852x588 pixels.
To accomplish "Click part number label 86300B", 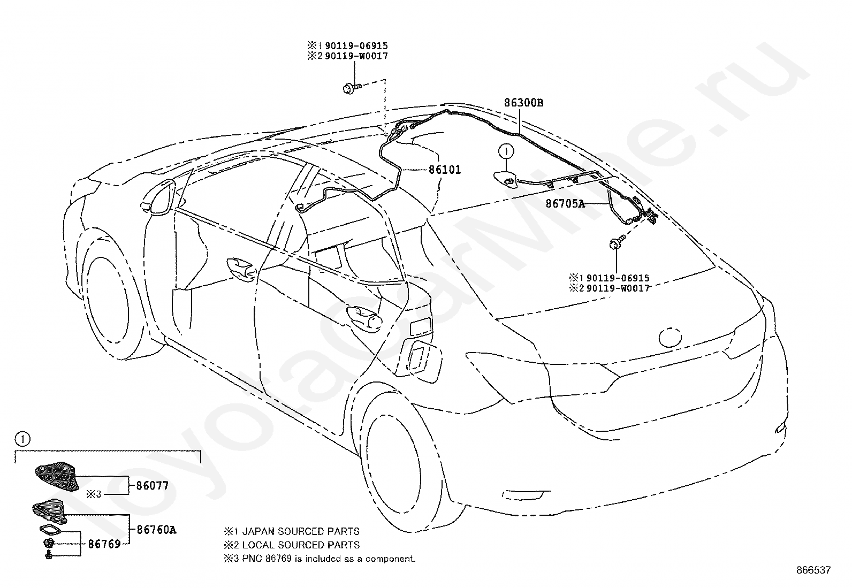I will coord(523,103).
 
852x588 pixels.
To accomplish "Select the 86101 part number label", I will coord(444,170).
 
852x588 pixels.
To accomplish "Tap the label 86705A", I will coord(565,204).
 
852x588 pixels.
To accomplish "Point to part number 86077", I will coord(152,486).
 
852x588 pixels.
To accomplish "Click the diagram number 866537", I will coord(813,570).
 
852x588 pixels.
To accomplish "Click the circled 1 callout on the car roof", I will coord(505,152).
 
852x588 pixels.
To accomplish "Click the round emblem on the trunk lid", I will coord(671,337).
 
